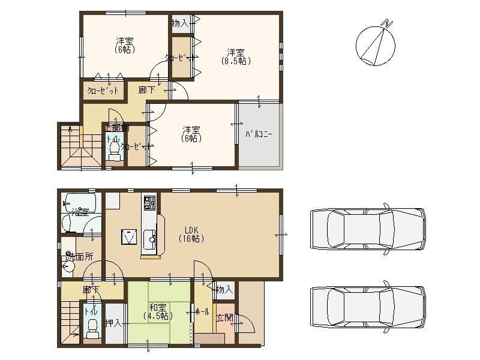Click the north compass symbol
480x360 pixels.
[376, 44]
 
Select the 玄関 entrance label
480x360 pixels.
[224, 318]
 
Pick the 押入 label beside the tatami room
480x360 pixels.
[113, 323]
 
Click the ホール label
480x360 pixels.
[202, 312]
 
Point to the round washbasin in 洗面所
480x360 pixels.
[69, 265]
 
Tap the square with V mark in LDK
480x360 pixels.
[129, 236]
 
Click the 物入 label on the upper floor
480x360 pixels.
[181, 23]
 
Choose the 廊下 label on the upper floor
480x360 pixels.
[146, 91]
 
